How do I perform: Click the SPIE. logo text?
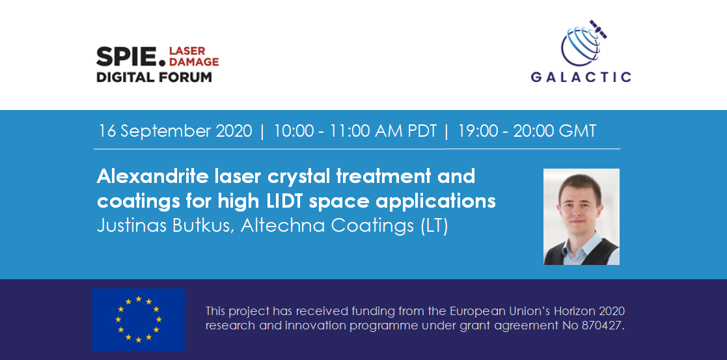pyautogui.click(x=130, y=57)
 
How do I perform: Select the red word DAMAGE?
pyautogui.click(x=194, y=62)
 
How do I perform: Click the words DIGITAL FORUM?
pyautogui.click(x=154, y=77)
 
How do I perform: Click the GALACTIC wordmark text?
pyautogui.click(x=581, y=77)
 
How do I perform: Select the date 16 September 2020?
pyautogui.click(x=175, y=131)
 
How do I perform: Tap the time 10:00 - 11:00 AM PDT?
pyautogui.click(x=355, y=131)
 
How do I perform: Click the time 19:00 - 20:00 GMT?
pyautogui.click(x=527, y=131)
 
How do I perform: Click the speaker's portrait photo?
pyautogui.click(x=581, y=217)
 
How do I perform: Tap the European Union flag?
pyautogui.click(x=138, y=320)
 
